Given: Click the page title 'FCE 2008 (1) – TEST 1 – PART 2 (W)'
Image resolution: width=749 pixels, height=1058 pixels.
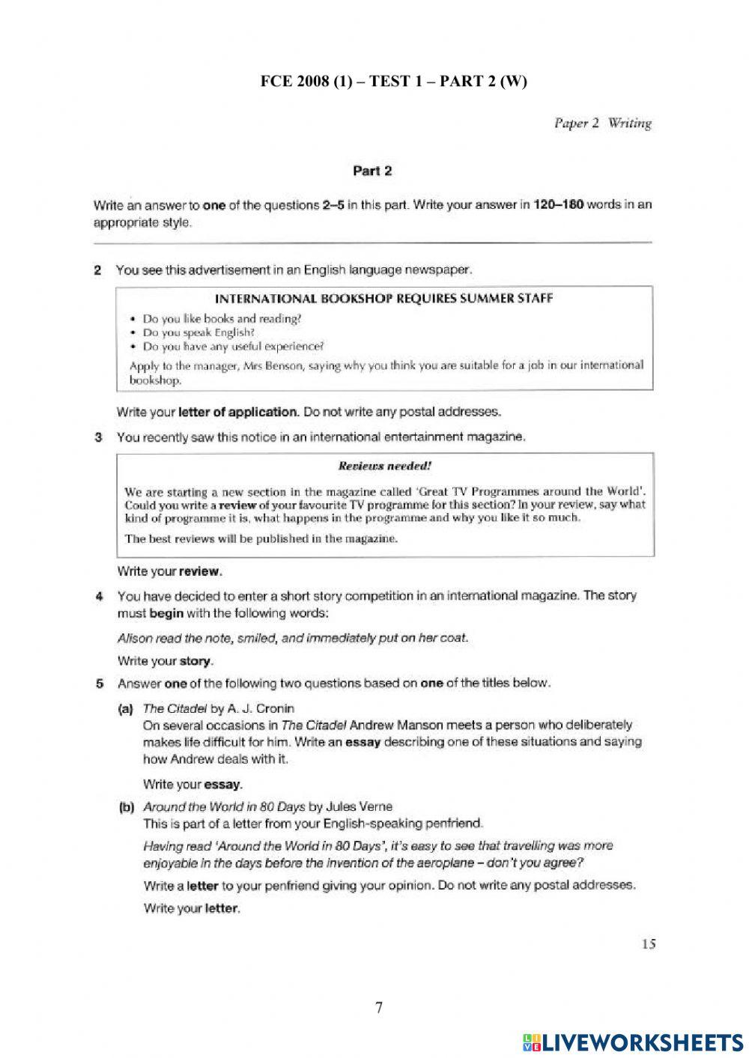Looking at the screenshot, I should [393, 82].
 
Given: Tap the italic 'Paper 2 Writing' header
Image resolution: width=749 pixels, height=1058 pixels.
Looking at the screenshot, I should [602, 124].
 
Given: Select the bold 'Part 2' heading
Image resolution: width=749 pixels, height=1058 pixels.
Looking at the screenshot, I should [372, 171].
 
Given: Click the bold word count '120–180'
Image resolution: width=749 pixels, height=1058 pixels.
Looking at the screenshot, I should [558, 205].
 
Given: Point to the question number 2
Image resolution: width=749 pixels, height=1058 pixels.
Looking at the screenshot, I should [97, 270].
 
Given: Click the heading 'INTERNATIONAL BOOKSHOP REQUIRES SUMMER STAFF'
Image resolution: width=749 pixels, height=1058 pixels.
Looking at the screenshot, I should [383, 299].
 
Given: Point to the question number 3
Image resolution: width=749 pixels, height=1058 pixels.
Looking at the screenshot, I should [97, 437].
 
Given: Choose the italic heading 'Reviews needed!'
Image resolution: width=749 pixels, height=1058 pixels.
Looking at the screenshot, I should [385, 466].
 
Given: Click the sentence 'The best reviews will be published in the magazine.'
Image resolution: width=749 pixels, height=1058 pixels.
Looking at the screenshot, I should [261, 538].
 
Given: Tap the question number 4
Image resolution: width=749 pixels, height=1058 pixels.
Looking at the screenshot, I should [98, 597].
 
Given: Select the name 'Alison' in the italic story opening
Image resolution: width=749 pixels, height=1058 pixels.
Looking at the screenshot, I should [134, 639].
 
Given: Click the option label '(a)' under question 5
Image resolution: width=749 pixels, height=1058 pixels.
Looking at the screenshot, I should [125, 708].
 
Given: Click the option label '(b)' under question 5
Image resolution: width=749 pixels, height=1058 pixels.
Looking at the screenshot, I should [126, 807].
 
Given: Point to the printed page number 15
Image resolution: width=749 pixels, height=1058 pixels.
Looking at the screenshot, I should [648, 944].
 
